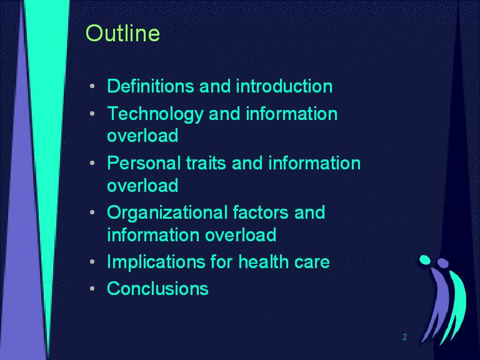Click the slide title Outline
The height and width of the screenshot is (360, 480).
coord(122,33)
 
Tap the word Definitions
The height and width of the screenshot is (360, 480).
coord(150,86)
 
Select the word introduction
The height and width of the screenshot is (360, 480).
coord(284,86)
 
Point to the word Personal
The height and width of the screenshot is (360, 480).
coord(144,163)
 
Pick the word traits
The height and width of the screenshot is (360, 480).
coord(206,163)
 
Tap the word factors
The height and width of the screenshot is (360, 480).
coord(261,212)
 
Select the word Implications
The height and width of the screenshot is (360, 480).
coord(156,263)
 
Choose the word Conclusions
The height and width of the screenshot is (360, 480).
coord(157,288)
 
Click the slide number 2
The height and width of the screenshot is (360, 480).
coord(405,337)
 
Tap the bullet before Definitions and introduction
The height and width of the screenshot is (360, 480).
coord(92,86)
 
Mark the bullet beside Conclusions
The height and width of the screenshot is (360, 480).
coord(92,289)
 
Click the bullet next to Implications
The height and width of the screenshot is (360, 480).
coord(92,262)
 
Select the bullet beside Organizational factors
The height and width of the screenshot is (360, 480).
coord(92,212)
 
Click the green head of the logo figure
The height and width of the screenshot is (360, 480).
coord(425,259)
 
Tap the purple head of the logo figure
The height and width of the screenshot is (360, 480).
coord(442,262)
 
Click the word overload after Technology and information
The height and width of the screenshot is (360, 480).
coord(142,135)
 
